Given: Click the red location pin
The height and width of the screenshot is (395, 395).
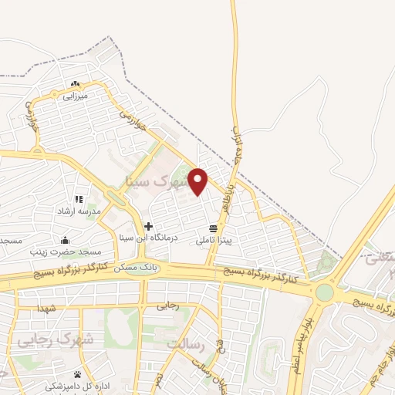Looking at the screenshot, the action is coord(199,181).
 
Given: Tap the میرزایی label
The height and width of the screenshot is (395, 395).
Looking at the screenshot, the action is coord(76,96).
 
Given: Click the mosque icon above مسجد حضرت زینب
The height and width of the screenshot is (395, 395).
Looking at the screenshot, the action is coord(65,240).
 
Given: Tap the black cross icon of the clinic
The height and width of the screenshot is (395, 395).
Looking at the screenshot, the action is coord(148,227).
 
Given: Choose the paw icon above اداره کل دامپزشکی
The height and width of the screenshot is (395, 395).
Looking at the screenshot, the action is coord(77,373).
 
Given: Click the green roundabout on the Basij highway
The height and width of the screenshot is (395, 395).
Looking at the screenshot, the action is coord(325,292).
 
